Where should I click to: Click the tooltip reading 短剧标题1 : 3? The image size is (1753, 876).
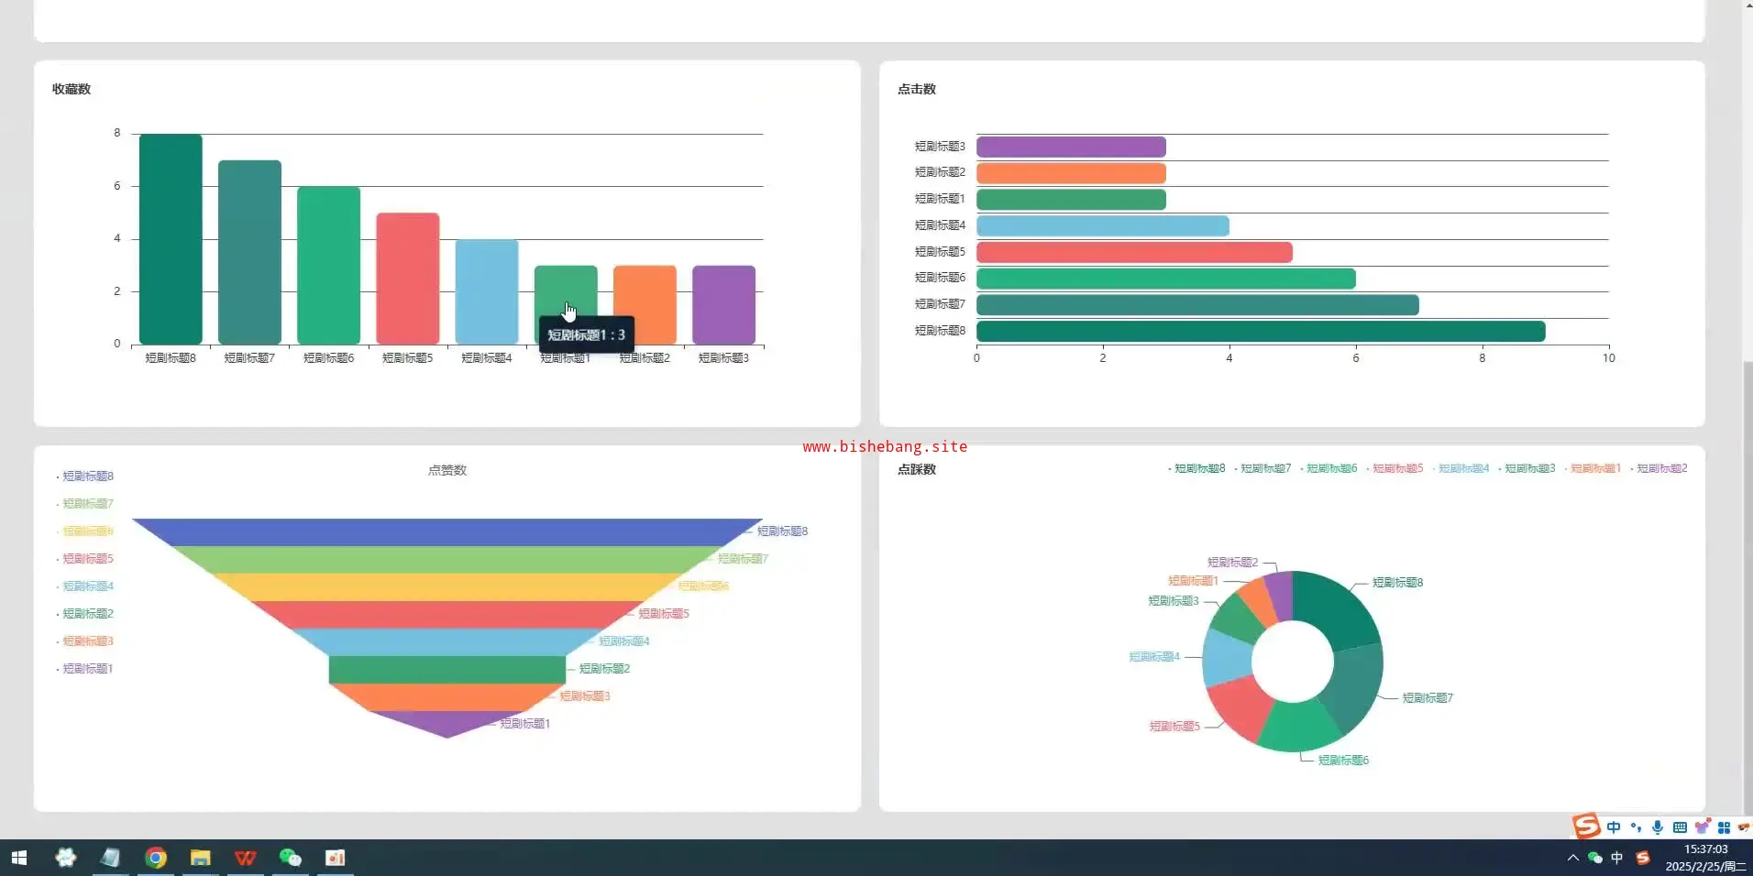(586, 335)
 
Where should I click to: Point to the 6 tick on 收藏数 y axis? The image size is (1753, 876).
(117, 186)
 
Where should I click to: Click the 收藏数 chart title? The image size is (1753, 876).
(72, 89)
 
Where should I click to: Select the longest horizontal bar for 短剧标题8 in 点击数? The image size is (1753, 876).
(1260, 331)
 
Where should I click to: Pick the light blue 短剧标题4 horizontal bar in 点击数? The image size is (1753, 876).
(1102, 225)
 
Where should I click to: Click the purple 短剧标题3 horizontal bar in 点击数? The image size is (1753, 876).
(1070, 147)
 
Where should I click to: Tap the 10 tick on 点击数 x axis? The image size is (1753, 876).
(1608, 358)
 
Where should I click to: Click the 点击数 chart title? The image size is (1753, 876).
(917, 89)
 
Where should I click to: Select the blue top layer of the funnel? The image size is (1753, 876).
(447, 532)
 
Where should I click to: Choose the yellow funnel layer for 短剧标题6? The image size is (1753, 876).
(447, 586)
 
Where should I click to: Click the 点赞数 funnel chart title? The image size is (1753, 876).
(447, 470)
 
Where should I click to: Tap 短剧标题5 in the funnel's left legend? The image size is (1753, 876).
(88, 559)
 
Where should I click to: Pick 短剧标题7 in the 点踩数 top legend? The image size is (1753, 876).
(1265, 468)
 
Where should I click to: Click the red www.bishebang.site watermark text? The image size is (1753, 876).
(885, 447)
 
